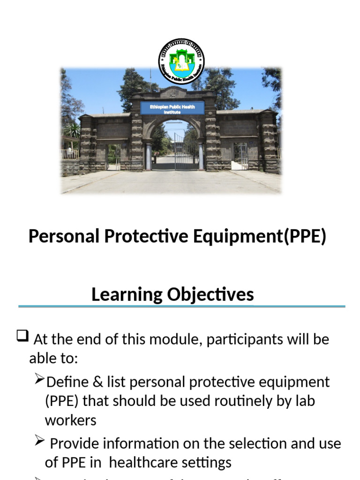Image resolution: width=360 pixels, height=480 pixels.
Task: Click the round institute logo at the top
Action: click(181, 61)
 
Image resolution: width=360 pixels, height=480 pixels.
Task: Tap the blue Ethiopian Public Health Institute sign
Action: click(172, 109)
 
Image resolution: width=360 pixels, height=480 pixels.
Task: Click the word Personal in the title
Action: click(64, 237)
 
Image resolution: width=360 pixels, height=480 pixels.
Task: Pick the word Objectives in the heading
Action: click(210, 294)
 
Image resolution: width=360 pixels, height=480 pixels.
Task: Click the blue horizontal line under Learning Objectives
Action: click(181, 307)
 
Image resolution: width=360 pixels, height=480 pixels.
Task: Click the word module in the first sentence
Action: click(177, 339)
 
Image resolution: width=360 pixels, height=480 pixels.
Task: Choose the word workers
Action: click(70, 420)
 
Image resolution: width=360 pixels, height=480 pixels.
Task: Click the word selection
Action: click(257, 443)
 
